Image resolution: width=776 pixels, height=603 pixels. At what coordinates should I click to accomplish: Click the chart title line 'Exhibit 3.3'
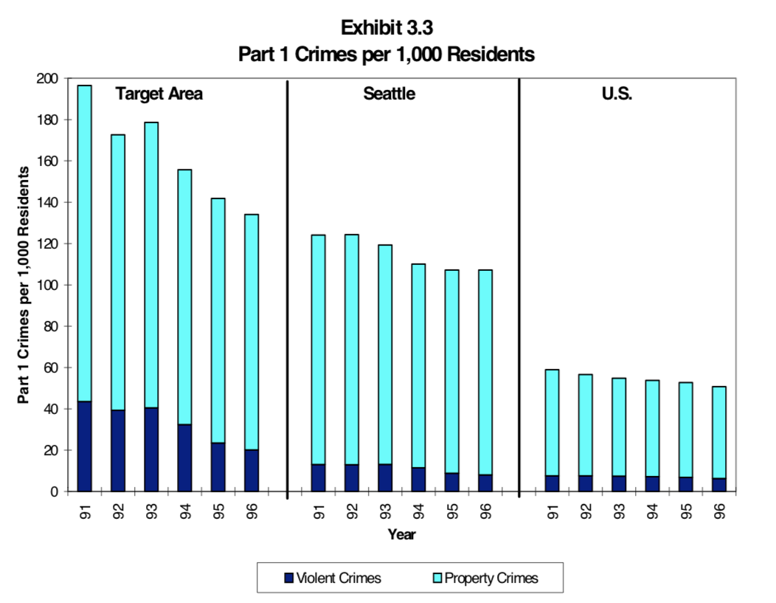386,28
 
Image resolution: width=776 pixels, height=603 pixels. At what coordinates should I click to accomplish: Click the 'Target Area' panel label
159,94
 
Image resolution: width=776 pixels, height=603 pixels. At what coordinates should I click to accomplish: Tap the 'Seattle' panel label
389,94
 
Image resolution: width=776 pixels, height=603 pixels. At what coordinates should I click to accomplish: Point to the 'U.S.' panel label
617,94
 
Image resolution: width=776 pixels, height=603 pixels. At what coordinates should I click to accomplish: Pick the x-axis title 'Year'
402,535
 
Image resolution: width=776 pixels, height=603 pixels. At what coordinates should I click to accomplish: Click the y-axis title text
24,285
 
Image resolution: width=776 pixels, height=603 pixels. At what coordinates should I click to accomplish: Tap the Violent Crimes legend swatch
288,578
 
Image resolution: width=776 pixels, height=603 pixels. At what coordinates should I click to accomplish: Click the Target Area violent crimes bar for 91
85,447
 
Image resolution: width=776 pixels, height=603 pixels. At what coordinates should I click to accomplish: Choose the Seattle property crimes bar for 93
385,354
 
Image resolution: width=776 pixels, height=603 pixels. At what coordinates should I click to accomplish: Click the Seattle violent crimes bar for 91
318,478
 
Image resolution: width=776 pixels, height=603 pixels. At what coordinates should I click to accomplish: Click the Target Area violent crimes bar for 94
184,458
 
